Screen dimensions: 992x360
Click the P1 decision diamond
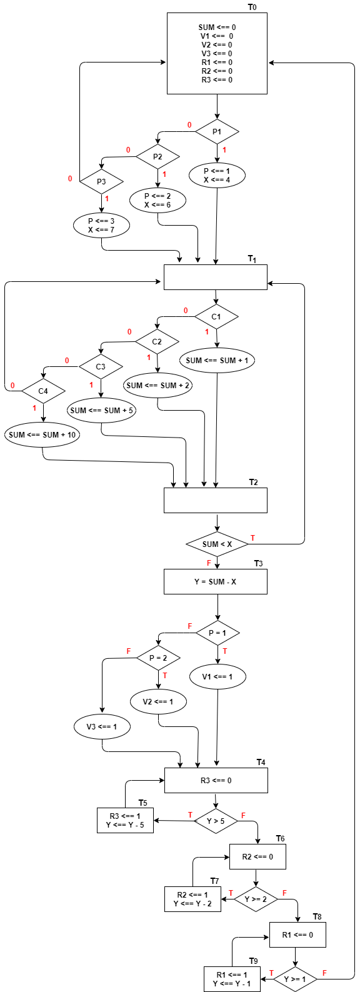pos(217,132)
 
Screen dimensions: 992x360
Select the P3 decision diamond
pos(101,182)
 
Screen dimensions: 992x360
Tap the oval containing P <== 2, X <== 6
pos(157,201)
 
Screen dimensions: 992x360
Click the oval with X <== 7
pos(101,226)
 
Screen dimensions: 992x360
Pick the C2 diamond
pos(157,342)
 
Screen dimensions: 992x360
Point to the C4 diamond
pos(43,391)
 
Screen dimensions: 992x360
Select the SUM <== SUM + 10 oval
pos(42,435)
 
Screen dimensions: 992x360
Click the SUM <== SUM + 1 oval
pos(217,361)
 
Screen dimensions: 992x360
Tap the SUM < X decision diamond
pos(217,544)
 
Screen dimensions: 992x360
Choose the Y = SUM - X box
pos(215,582)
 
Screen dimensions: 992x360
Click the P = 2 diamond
pos(158,658)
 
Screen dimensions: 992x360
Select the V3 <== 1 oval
pos(102,727)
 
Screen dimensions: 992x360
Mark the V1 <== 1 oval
pos(217,677)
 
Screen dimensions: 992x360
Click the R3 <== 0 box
pos(216,781)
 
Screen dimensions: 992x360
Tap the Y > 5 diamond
pos(216,821)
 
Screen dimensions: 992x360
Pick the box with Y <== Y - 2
pos(192,899)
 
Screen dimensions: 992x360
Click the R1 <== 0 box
pos(297,935)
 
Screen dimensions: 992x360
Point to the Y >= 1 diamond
pos(295,979)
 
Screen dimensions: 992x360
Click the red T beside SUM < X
pos(252,538)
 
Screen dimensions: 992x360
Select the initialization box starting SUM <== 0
pos(217,54)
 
